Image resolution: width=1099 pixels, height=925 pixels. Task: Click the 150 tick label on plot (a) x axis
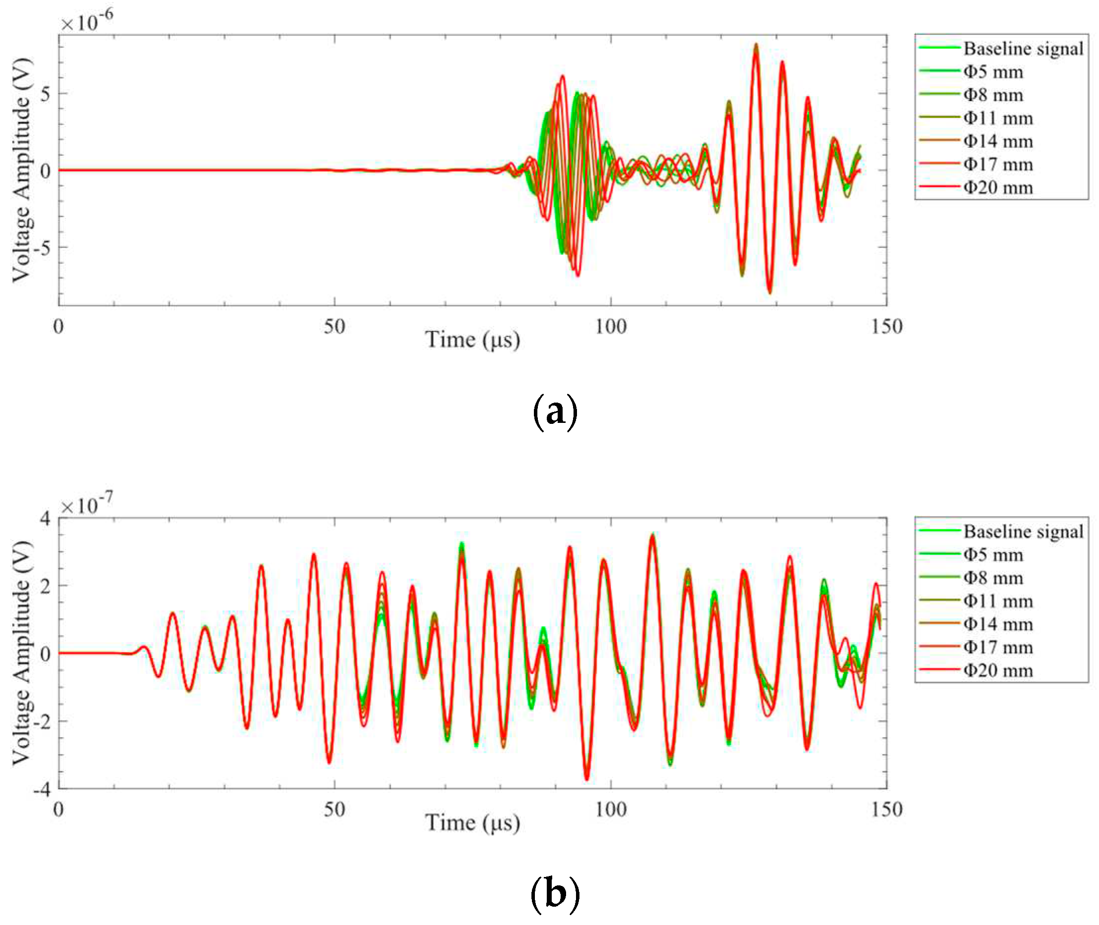887,327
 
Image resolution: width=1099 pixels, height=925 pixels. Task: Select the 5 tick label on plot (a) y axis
47,94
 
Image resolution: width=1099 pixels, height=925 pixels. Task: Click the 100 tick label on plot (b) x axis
611,810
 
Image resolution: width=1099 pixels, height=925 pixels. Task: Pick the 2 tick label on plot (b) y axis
46,586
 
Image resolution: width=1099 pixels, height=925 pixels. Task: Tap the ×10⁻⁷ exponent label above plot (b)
87,505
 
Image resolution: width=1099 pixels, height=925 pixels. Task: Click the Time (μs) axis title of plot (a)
472,340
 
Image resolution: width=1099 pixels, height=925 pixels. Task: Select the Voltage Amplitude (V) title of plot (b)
21,652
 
